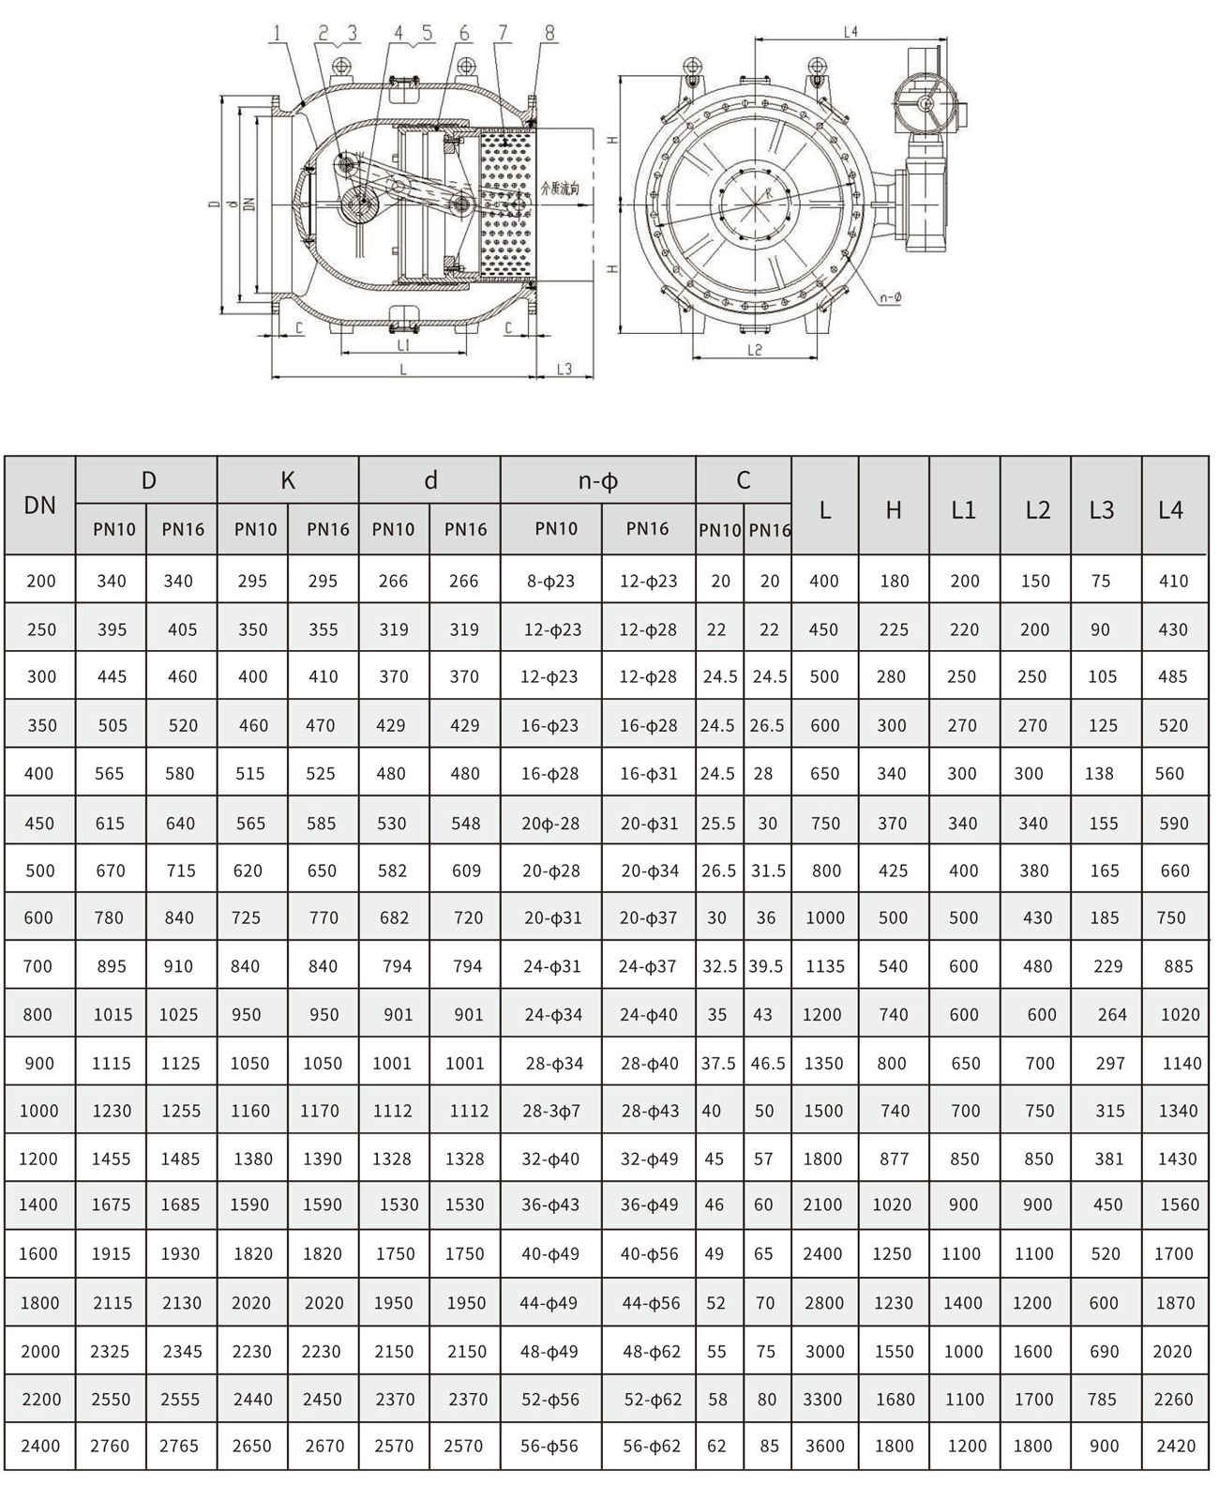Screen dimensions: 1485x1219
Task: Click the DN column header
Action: (39, 506)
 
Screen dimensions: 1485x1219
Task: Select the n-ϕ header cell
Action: (597, 481)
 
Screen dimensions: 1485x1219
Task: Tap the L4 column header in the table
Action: (1171, 509)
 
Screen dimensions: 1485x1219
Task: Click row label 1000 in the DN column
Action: (38, 1111)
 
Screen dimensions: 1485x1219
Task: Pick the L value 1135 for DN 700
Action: (825, 966)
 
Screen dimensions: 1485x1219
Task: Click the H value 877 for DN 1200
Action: (894, 1159)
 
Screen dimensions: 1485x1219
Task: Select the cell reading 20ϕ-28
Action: (550, 824)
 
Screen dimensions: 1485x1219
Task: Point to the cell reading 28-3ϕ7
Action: (551, 1111)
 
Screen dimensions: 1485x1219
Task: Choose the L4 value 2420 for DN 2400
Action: (1176, 1446)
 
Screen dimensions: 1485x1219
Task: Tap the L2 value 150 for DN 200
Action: (1035, 581)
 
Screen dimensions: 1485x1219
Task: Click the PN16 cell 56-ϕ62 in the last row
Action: (652, 1446)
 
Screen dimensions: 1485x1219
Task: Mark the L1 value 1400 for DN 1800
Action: (962, 1303)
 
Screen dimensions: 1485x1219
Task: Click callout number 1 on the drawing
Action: (277, 34)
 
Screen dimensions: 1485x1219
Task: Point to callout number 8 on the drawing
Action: (549, 34)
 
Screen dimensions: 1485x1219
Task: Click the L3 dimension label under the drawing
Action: (564, 369)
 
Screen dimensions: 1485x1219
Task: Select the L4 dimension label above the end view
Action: (850, 32)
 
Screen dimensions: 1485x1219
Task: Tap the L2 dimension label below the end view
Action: (755, 350)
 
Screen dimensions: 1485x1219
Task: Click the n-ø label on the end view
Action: (890, 297)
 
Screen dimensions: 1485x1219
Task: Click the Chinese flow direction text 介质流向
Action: (560, 189)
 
